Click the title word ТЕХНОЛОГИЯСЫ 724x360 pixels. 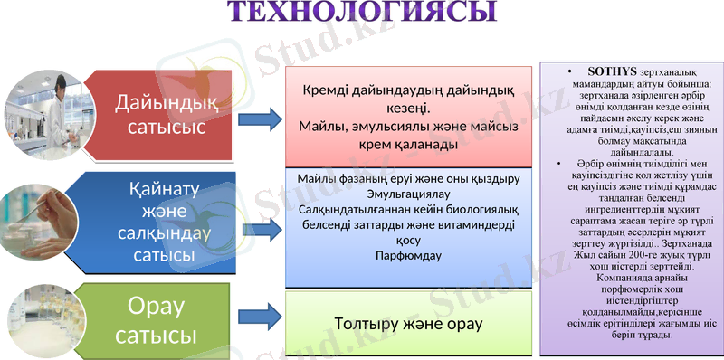point(361,13)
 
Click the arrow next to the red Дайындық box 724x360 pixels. point(263,118)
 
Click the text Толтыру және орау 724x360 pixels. point(408,323)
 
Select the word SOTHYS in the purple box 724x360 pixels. point(614,71)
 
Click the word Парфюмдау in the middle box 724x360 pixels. point(408,255)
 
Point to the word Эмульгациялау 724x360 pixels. point(408,194)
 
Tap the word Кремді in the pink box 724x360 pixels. point(330,90)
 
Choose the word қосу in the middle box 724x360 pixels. point(408,240)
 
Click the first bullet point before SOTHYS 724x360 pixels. point(567,71)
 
